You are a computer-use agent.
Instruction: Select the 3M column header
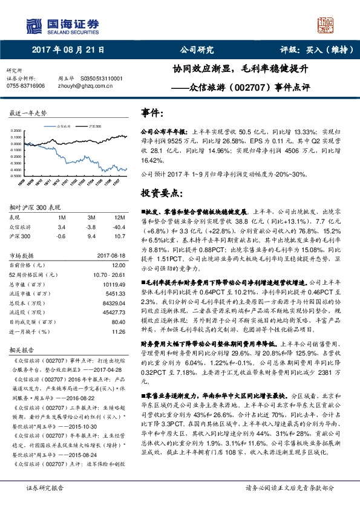[x=91, y=216]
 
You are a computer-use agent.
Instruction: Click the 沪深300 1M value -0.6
[x=61, y=236]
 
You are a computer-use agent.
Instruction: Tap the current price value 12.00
[x=119, y=264]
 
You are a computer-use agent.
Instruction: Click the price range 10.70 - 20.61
[x=110, y=274]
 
